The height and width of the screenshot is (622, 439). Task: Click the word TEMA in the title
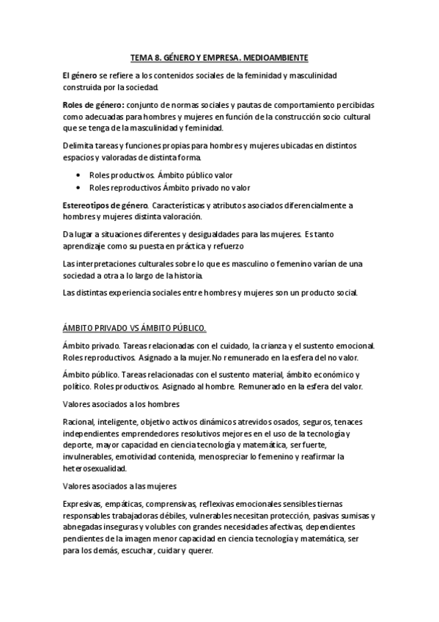[141, 56]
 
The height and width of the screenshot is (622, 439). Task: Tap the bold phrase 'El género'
[81, 76]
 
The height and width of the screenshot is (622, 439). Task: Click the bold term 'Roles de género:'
[94, 105]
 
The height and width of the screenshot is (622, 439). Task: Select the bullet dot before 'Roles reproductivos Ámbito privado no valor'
[79, 186]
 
